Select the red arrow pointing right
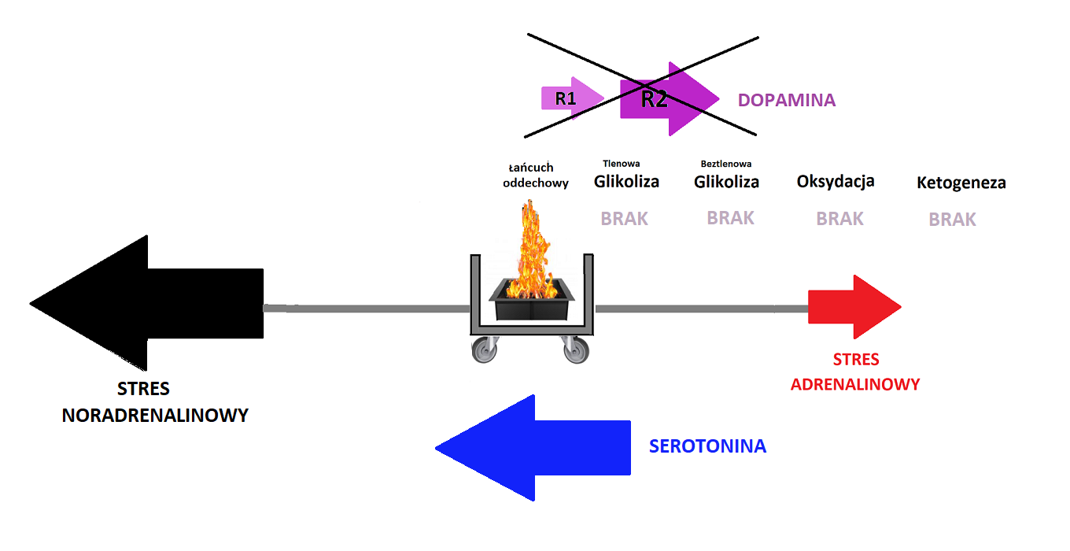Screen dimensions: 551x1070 (x=854, y=307)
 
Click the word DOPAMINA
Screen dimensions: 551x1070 (x=786, y=101)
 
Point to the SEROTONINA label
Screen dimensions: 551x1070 (x=707, y=446)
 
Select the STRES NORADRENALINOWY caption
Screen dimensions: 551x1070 (x=154, y=402)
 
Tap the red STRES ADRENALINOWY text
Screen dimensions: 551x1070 (x=855, y=372)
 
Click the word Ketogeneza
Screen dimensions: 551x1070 (x=961, y=183)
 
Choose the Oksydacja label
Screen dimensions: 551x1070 (x=836, y=182)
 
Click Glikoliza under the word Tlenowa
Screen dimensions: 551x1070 (x=626, y=182)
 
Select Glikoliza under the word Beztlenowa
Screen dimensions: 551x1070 (x=726, y=182)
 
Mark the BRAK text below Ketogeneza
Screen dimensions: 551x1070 (x=952, y=220)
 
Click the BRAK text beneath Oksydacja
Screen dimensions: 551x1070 (x=839, y=218)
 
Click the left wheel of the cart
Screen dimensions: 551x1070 (x=484, y=349)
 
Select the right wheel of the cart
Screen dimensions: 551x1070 (x=576, y=349)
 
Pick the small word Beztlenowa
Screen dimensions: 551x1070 (x=725, y=164)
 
